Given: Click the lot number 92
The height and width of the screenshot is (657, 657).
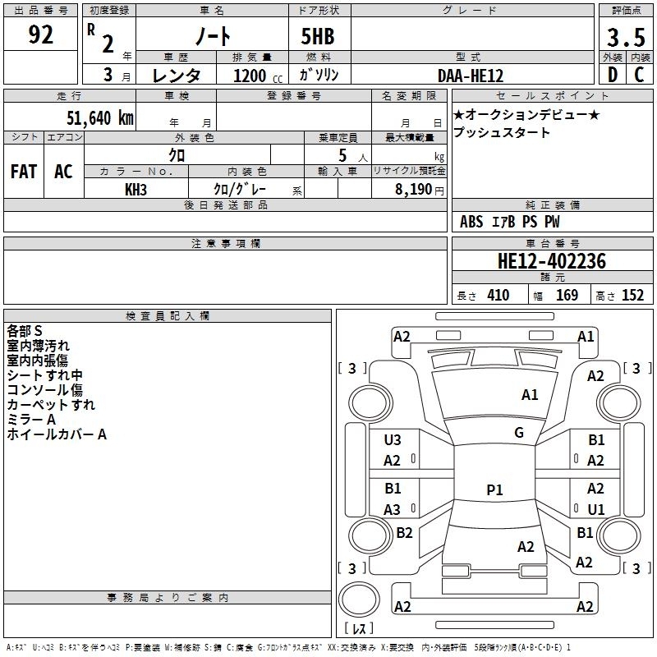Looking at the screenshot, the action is point(40,34).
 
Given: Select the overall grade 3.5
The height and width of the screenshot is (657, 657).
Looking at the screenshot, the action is point(626,37).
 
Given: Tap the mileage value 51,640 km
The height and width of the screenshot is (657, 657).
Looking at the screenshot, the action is point(100,117).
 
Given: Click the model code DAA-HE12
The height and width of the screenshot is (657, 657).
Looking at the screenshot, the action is point(471,76).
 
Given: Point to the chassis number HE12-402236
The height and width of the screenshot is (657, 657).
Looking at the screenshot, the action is point(551,261).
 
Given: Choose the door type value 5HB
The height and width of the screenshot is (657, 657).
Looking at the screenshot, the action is point(318,36).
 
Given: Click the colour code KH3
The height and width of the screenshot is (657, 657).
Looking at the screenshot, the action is point(136,190).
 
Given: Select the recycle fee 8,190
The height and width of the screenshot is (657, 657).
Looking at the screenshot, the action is point(413,189).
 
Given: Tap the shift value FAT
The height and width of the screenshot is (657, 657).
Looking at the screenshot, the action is point(24,172).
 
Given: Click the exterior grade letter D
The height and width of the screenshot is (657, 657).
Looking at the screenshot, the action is point(613,75).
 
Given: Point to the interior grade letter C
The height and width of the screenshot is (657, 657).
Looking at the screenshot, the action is point(639,75).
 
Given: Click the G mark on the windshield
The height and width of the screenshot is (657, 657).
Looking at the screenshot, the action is point(519,432).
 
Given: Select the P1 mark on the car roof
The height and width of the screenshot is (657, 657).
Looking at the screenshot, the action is point(494,489).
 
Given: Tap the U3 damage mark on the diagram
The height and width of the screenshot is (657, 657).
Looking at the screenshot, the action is point(393,440).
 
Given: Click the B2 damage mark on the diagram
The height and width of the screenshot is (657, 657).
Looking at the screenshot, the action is point(404,532).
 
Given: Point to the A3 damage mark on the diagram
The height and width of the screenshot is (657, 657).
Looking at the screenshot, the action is point(392,509).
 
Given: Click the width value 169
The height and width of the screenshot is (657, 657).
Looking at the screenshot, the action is point(567,295).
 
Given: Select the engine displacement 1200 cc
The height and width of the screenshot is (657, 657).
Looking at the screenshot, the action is point(258,76).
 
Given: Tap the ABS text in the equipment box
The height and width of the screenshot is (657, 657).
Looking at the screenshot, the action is point(471,221).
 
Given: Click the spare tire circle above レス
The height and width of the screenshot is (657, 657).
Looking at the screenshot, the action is point(359,600).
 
